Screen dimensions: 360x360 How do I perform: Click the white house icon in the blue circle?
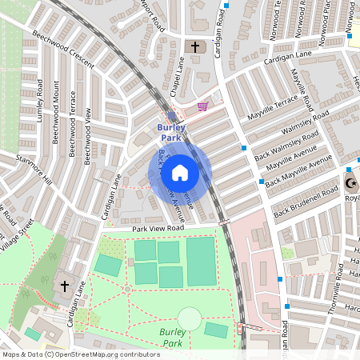(x=180, y=173)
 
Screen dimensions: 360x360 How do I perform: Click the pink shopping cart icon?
(x=202, y=106)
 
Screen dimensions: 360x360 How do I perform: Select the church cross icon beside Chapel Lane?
(x=194, y=47)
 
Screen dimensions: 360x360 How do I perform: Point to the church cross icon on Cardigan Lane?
(x=65, y=285)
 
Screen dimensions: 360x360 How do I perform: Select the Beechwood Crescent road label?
(x=63, y=50)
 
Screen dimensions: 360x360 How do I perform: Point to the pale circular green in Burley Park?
(x=190, y=318)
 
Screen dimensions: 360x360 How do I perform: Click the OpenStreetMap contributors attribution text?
(x=82, y=354)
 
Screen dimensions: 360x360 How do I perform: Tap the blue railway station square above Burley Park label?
(x=172, y=117)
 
